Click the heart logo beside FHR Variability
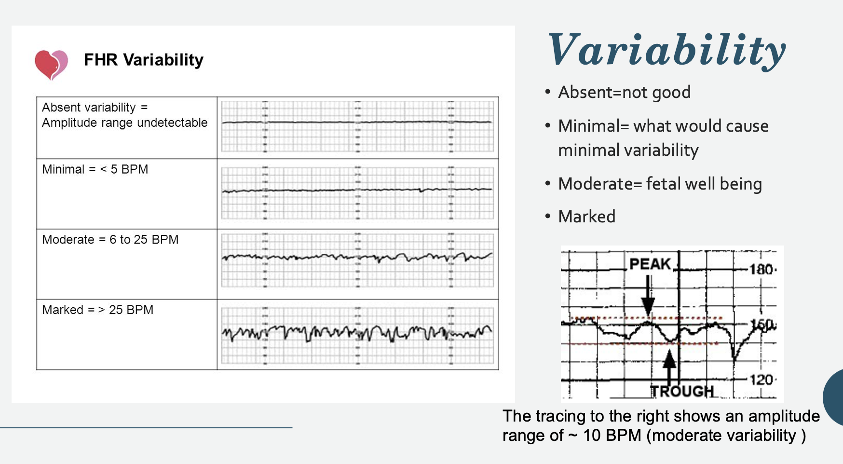(51, 64)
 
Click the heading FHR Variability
(144, 60)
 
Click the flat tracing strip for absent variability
(357, 127)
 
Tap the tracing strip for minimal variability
(357, 193)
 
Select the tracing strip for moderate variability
(357, 260)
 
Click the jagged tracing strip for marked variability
(357, 334)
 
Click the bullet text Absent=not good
(624, 92)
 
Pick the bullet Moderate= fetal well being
(660, 184)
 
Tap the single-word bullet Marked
(586, 217)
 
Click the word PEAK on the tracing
(650, 264)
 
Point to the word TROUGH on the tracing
(682, 391)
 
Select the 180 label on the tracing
(761, 269)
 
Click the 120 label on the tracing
(761, 380)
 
